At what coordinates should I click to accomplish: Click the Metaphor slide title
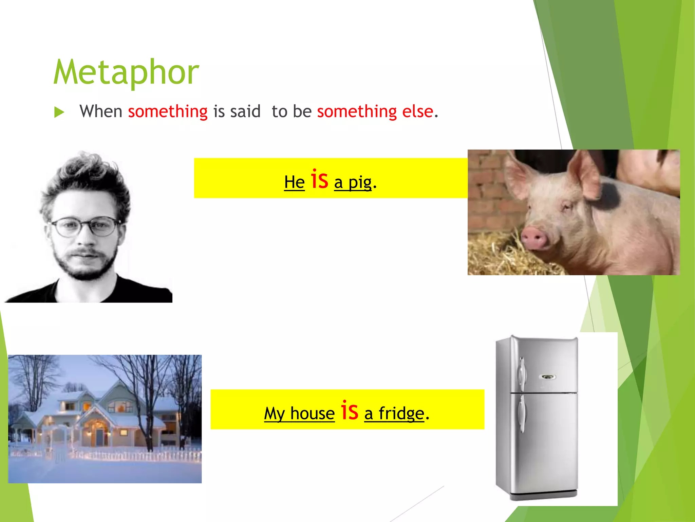point(126,72)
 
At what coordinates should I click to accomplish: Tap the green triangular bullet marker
point(59,112)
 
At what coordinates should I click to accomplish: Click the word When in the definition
point(101,111)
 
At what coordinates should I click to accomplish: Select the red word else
point(417,111)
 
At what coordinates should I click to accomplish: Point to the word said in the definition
point(245,111)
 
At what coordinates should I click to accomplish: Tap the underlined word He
point(294,182)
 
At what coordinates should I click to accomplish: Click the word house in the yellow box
point(312,414)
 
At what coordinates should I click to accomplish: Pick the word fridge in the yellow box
point(401,414)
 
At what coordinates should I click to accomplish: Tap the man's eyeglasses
point(85,226)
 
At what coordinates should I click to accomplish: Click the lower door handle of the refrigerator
point(522,413)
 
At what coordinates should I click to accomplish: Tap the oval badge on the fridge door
point(547,377)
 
